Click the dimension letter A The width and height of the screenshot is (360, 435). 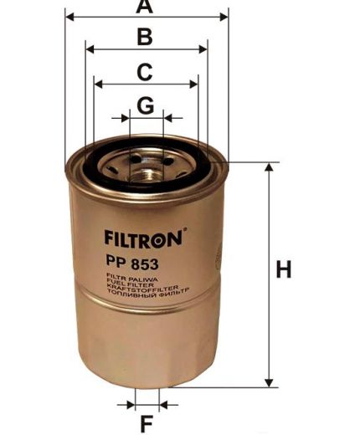[x=145, y=7]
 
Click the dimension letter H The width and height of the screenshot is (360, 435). [x=285, y=271]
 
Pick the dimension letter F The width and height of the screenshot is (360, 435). [x=146, y=422]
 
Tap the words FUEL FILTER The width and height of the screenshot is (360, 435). [x=125, y=280]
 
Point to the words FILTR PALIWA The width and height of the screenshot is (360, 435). [x=126, y=275]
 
